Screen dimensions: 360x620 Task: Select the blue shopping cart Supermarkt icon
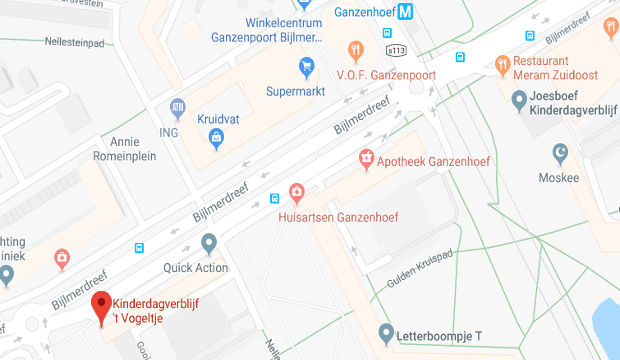point(308,67)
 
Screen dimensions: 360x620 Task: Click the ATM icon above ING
point(178,107)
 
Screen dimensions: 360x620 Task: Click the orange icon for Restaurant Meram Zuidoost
point(503,65)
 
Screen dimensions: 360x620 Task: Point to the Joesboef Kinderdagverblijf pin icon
point(519,100)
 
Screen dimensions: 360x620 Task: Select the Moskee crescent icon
point(561,153)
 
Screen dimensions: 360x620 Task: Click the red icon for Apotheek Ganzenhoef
point(366,159)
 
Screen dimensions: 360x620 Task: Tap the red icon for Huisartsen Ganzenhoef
point(296,192)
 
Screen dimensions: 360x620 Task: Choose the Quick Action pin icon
point(209,243)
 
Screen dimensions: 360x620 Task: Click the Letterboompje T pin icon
point(387,332)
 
